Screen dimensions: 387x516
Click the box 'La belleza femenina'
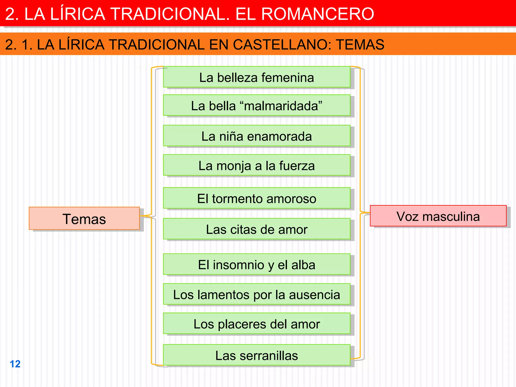point(256,77)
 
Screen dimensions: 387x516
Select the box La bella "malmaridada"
point(256,105)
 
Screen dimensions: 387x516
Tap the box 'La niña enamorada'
point(256,136)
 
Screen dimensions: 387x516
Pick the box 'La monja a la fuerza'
point(256,165)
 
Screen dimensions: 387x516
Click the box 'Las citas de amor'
point(256,229)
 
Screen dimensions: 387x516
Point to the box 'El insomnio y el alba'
point(256,264)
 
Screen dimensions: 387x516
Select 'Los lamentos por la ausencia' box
point(256,294)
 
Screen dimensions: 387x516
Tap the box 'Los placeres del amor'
point(256,324)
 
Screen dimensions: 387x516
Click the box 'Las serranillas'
point(256,355)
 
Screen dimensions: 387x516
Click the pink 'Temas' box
point(84,218)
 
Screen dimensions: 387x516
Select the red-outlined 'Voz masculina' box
point(438,216)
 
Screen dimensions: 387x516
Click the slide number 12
point(15,364)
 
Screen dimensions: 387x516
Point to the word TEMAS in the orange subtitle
point(360,45)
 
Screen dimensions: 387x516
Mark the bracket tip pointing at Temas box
point(141,216)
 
